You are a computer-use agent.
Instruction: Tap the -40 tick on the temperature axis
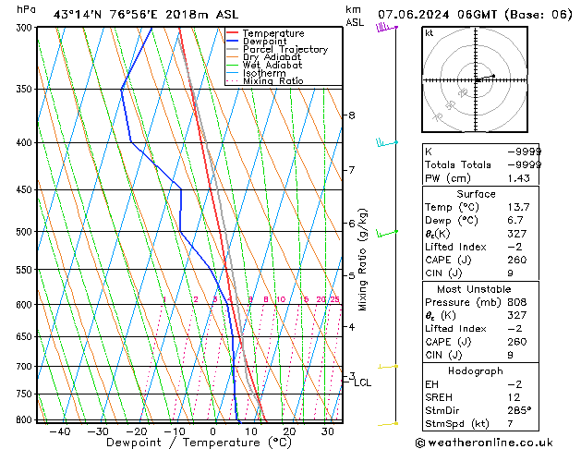(60, 431)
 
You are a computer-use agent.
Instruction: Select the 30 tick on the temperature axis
(328, 431)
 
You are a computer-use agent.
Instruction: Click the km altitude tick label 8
(351, 115)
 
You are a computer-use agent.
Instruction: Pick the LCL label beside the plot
(363, 382)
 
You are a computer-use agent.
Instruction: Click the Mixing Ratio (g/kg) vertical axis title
(364, 260)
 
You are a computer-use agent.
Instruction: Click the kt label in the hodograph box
(430, 33)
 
